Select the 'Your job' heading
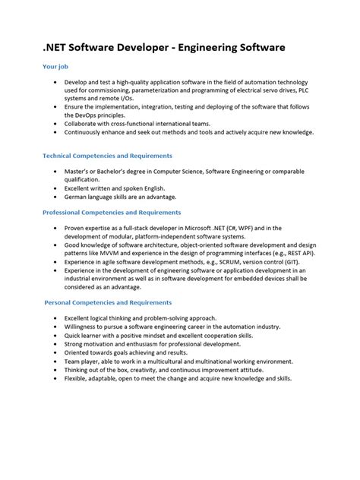tap(57, 67)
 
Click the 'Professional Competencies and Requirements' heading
tap(112, 213)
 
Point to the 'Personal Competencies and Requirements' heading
tap(108, 302)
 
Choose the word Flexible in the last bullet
tap(79, 377)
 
